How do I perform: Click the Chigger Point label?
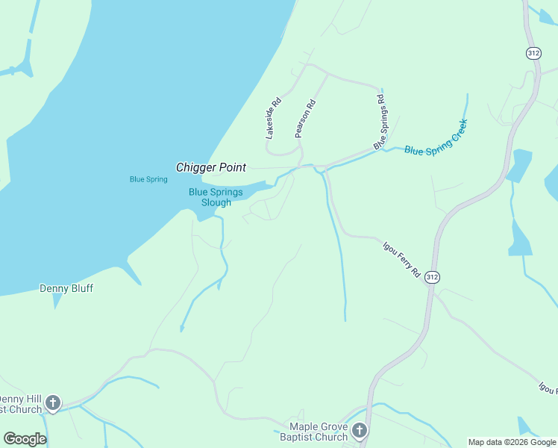coord(211,167)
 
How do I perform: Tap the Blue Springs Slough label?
coord(216,197)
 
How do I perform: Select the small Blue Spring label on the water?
coord(148,179)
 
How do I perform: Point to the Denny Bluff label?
coord(66,288)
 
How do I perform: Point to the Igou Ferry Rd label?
coord(401,259)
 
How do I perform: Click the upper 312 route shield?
coord(533,53)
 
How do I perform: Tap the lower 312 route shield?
coord(432,277)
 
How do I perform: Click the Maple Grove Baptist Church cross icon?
coord(360,431)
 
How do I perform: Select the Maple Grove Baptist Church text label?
coord(314,432)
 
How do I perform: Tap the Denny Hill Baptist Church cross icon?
coord(52,404)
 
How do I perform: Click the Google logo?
coord(25,439)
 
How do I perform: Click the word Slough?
coord(216,202)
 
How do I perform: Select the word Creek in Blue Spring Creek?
coord(457,128)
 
